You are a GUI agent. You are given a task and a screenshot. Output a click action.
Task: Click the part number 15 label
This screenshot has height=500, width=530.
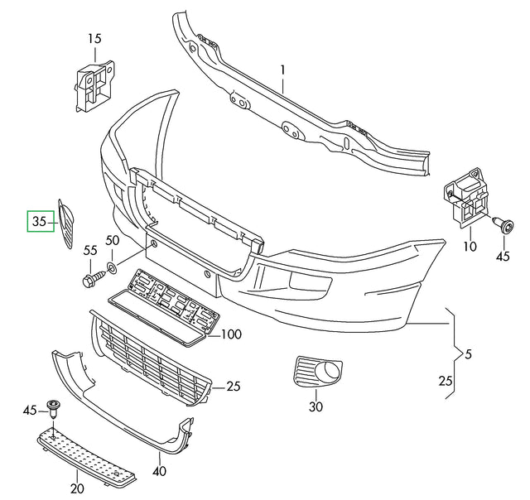pos(94,38)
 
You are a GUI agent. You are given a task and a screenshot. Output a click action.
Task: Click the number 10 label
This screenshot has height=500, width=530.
pos(470,245)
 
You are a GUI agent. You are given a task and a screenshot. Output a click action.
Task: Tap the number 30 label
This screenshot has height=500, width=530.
pos(315,406)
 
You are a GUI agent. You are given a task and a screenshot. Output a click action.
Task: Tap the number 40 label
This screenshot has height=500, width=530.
pos(159,472)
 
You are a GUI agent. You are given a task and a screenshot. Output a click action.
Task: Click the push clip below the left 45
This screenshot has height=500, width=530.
pos(55,407)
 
